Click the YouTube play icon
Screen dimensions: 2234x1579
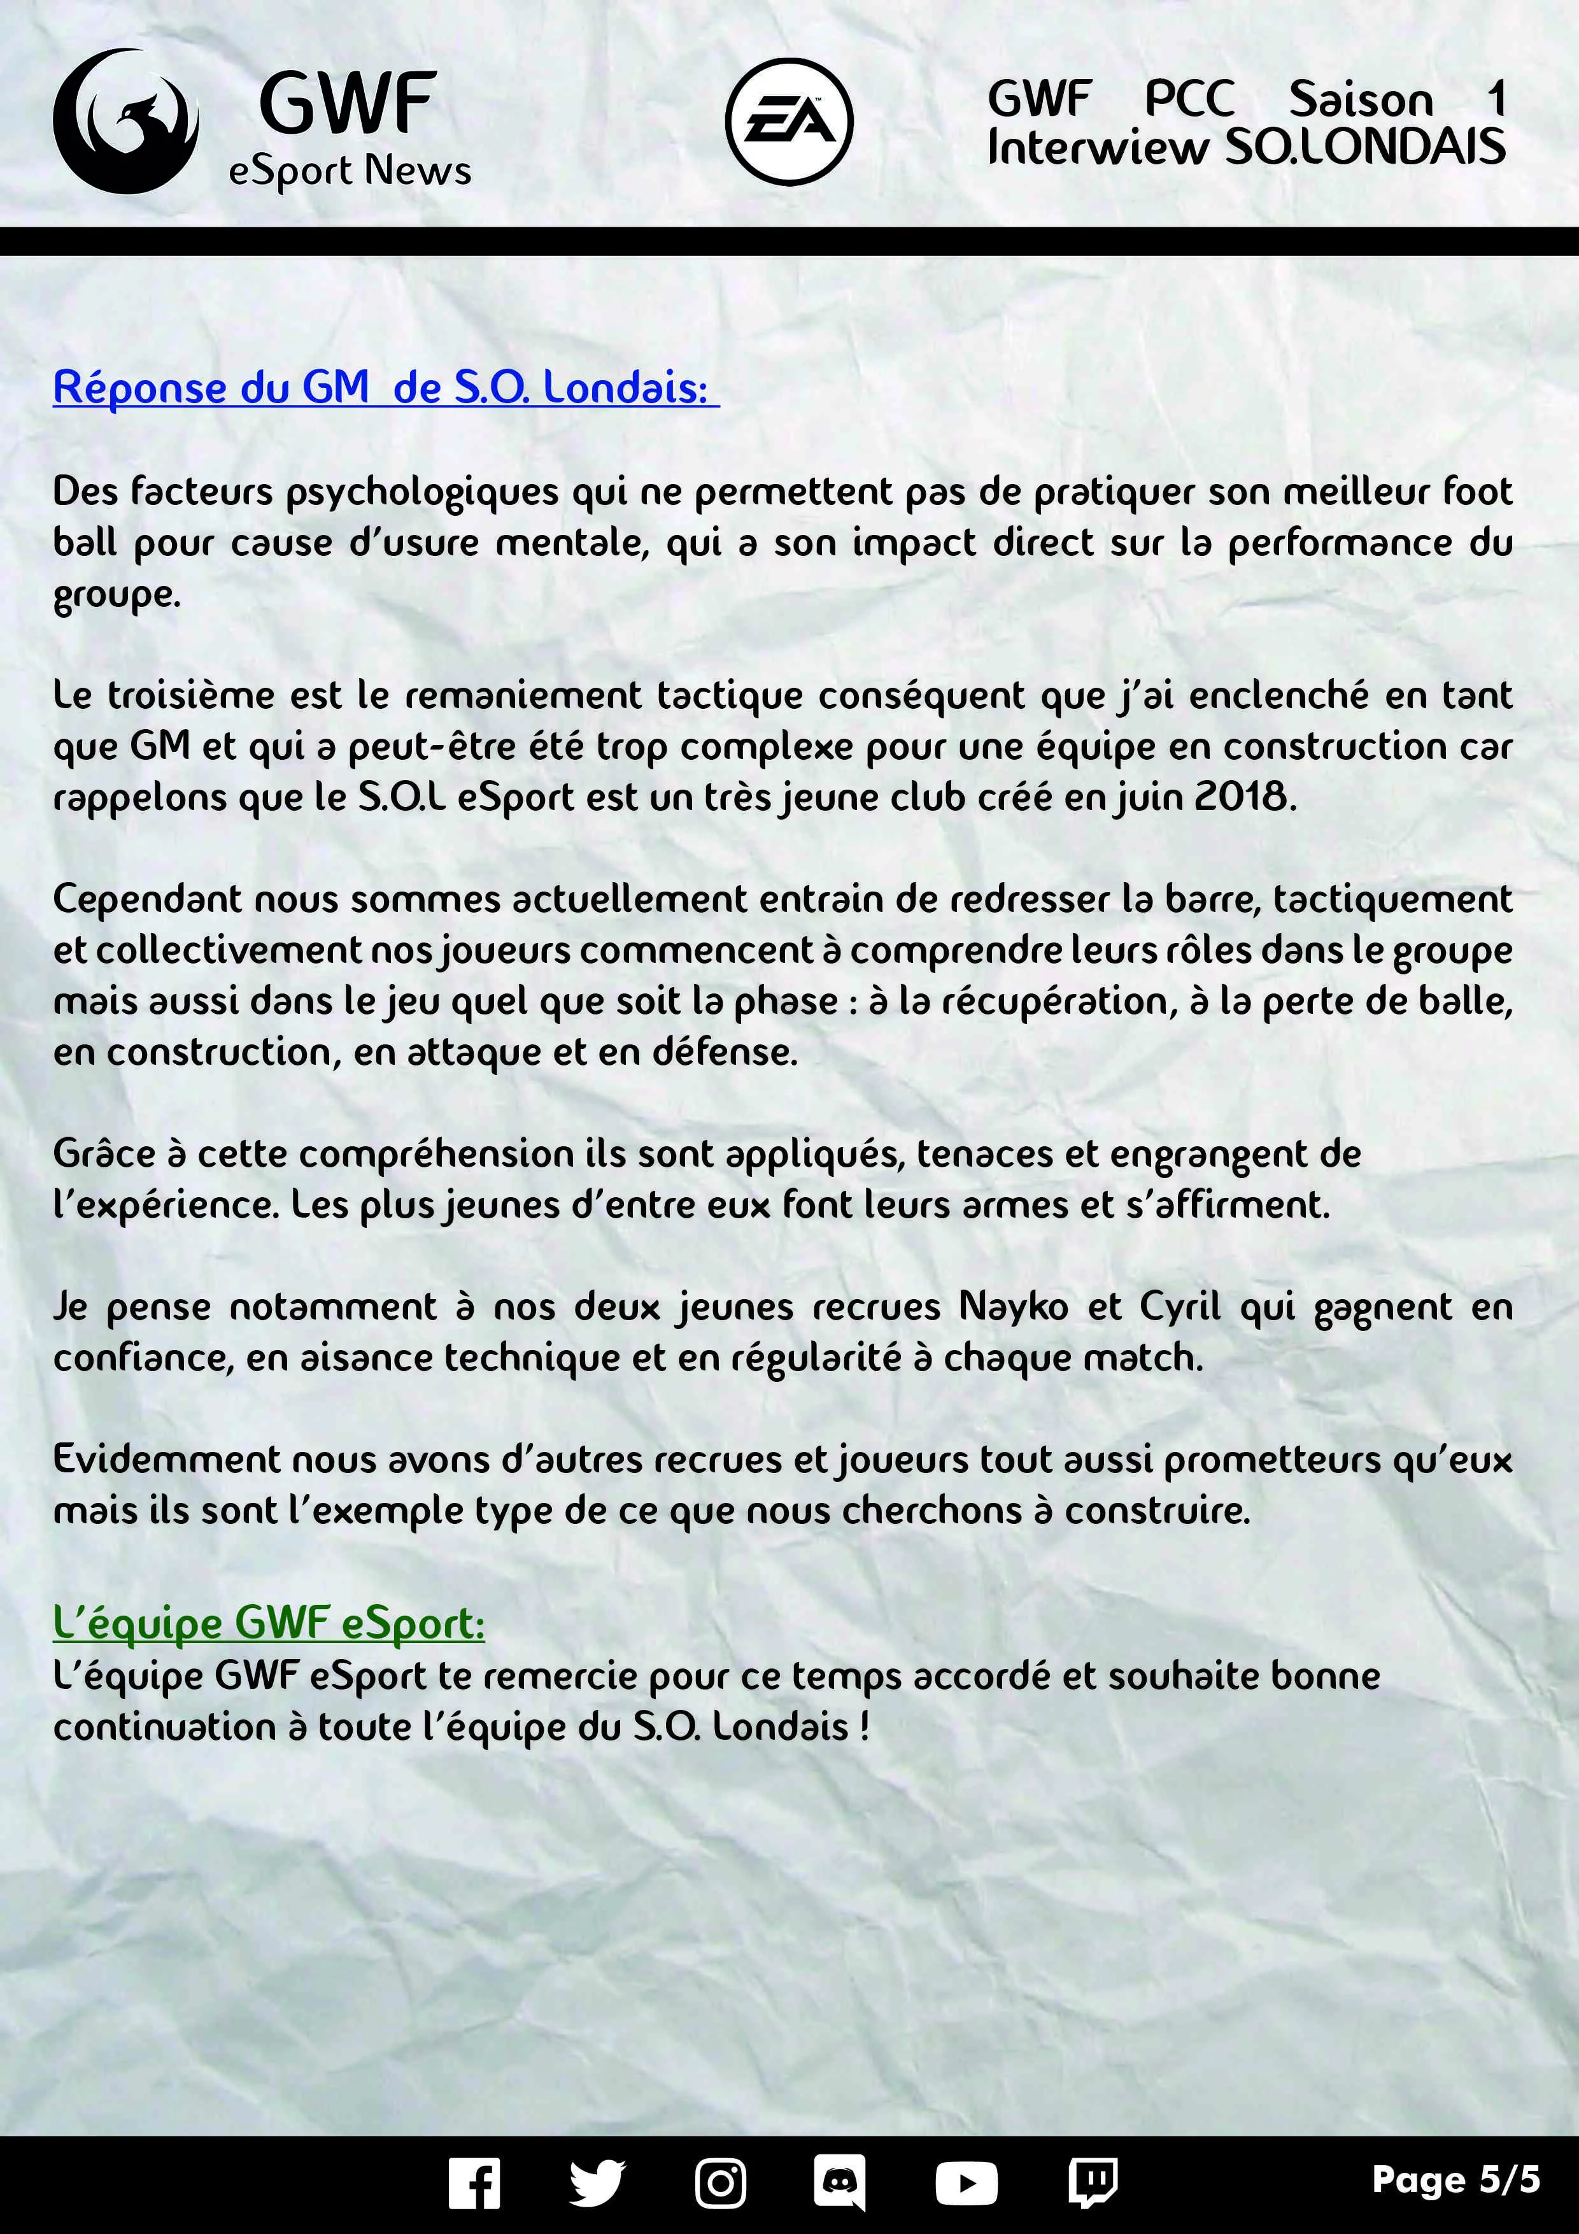pyautogui.click(x=965, y=2184)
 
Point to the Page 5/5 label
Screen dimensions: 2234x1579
pyautogui.click(x=1455, y=2179)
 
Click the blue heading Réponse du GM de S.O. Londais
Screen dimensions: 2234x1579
pyautogui.click(x=385, y=387)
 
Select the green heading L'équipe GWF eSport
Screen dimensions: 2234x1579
pyautogui.click(x=269, y=1622)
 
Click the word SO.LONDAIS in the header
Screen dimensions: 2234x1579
pyautogui.click(x=1365, y=148)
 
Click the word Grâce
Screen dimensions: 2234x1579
pyautogui.click(x=104, y=1153)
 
